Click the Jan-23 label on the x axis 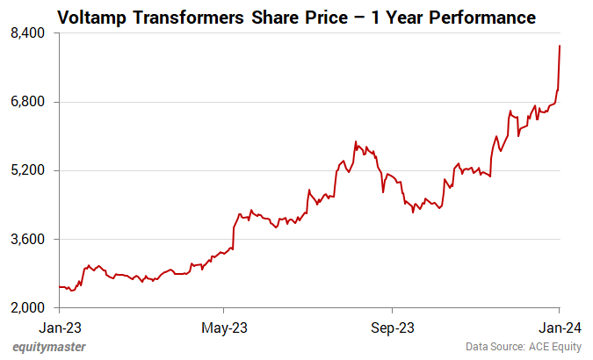[x=59, y=328]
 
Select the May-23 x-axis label [x=225, y=328]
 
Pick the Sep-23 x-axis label [x=392, y=328]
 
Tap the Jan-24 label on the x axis [x=559, y=328]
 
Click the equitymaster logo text [x=50, y=348]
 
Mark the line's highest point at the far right [x=560, y=46]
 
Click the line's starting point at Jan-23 [x=59, y=287]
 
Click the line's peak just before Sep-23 [x=356, y=141]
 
